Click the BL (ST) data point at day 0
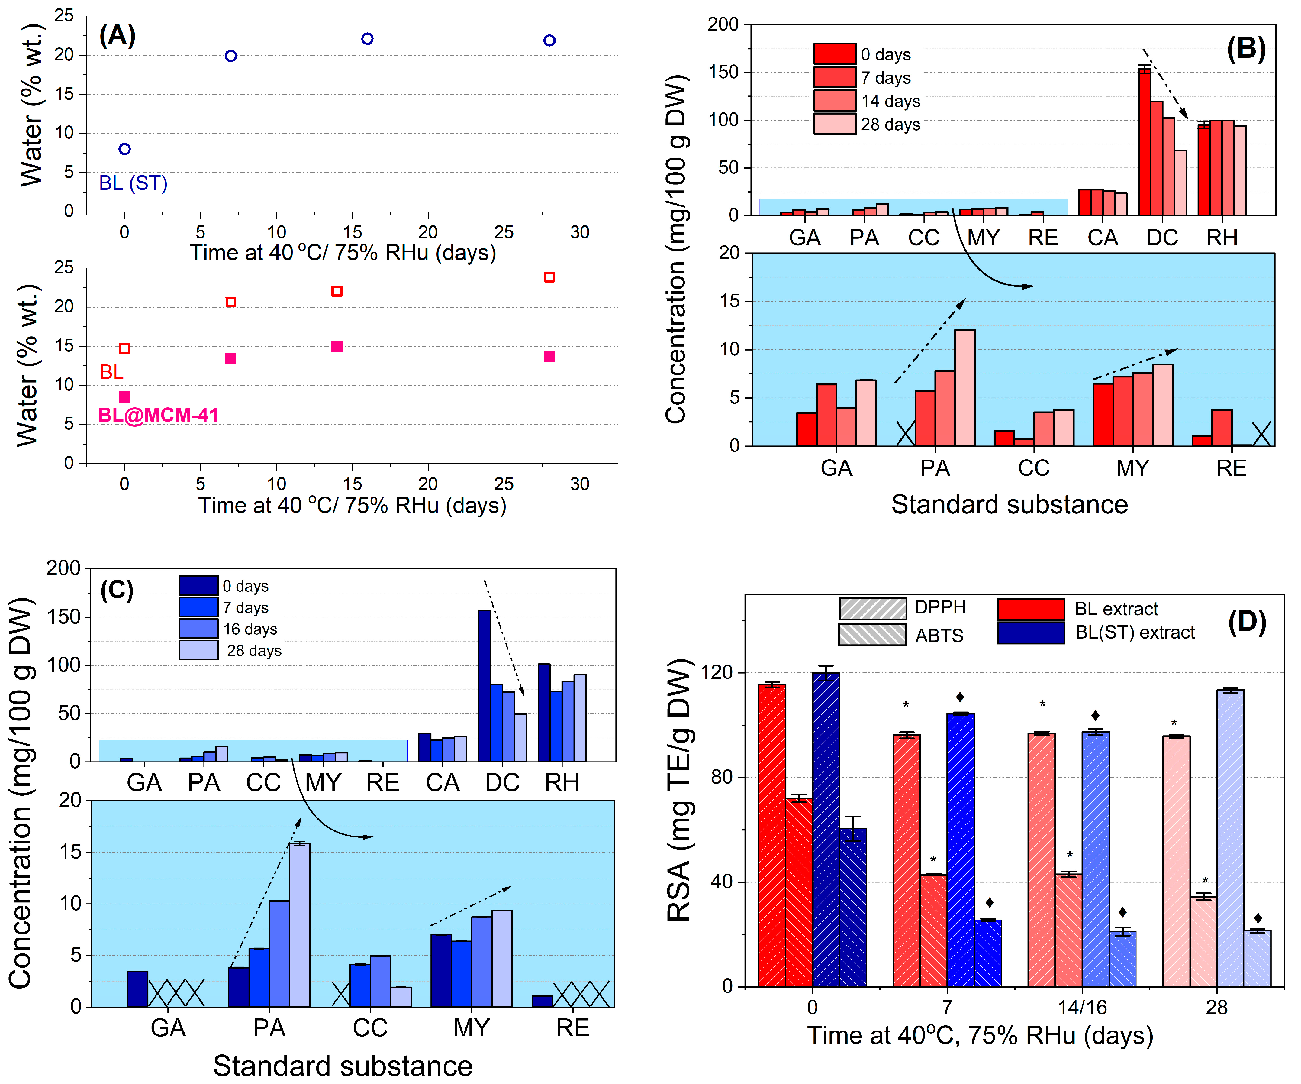click(x=124, y=149)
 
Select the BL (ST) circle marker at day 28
click(x=549, y=40)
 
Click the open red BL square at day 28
click(x=549, y=277)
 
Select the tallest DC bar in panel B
click(x=1144, y=141)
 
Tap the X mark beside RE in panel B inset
click(x=1261, y=434)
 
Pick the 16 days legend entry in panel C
click(x=198, y=629)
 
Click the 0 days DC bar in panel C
click(x=484, y=685)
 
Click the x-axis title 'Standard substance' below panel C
click(x=343, y=1065)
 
